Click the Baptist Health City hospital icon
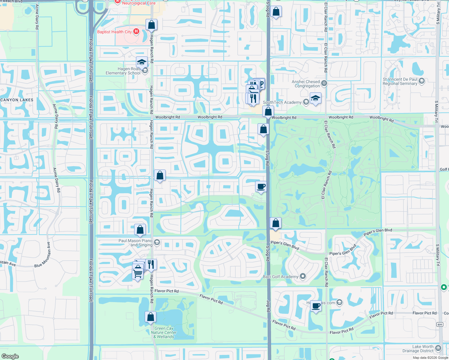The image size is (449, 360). pos(136,31)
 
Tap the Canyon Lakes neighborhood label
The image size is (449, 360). pos(17,100)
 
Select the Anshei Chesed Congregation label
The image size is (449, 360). pos(306,84)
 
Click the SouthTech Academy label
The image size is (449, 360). pos(282,103)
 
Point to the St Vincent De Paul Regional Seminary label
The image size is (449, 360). pos(400,82)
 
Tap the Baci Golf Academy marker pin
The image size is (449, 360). pos(303,276)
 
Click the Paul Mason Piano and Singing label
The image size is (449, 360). pos(135,243)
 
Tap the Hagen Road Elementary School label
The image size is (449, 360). pos(123,71)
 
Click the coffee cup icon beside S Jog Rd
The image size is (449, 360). pos(261,187)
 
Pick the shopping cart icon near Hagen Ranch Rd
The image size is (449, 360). pos(137,273)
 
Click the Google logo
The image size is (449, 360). pos(10,356)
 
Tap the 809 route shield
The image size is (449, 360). pos(440,324)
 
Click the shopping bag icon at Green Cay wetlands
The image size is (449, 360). pos(150,317)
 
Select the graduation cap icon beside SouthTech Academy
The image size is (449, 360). pos(315,98)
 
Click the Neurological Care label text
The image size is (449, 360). pos(139,3)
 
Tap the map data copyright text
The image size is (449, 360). pos(430,358)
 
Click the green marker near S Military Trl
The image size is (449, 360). pos(444,287)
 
